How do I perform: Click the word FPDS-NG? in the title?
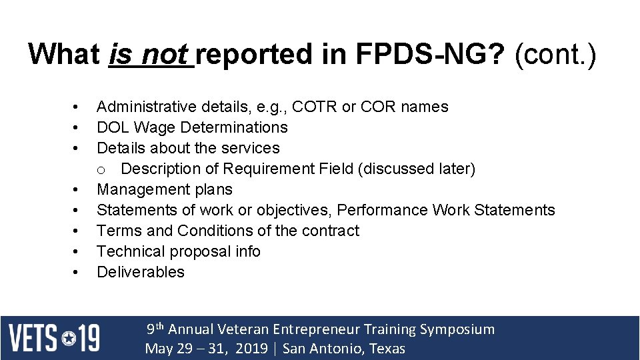coord(431,54)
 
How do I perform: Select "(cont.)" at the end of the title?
coord(555,54)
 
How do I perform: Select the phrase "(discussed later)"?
coord(417,169)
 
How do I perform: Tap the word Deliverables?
coord(141,272)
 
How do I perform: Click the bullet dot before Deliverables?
coord(77,272)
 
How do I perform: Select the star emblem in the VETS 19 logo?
coord(69,338)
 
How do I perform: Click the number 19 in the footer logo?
coord(89,338)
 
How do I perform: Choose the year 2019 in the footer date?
coord(252,349)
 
